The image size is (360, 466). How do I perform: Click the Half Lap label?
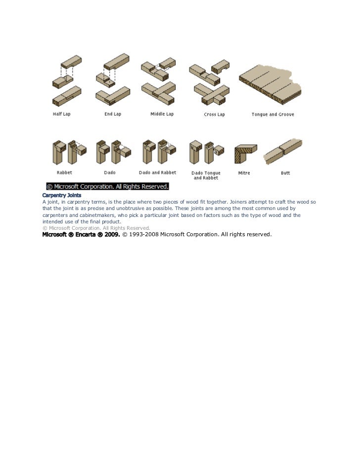click(62, 114)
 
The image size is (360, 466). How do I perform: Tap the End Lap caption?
click(112, 114)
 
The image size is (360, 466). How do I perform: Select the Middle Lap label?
click(162, 114)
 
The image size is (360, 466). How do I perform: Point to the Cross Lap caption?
click(214, 115)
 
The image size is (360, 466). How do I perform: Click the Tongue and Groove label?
click(272, 115)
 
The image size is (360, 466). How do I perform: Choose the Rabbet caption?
click(64, 173)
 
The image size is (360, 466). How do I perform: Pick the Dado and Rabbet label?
click(157, 173)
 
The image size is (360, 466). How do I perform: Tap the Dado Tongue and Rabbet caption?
click(206, 175)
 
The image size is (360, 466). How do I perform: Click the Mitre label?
click(244, 173)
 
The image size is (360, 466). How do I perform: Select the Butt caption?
click(285, 173)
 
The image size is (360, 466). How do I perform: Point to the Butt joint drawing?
click(283, 151)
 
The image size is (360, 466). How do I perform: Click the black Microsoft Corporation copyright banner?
click(108, 187)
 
